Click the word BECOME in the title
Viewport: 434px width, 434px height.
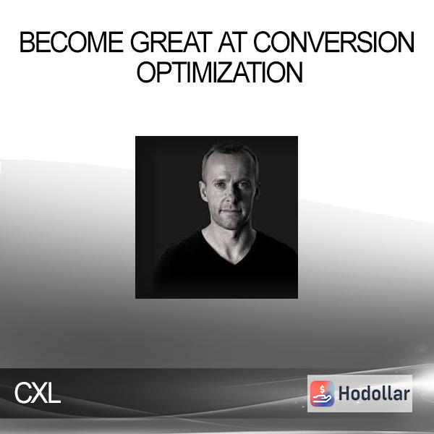71,42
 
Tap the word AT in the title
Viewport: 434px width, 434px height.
232,42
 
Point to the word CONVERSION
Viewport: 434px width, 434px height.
333,42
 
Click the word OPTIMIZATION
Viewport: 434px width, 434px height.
220,72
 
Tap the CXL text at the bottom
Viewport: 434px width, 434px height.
38,393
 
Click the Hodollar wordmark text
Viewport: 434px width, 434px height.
374,393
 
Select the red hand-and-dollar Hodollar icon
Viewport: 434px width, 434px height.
322,393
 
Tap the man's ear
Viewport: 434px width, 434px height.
203,191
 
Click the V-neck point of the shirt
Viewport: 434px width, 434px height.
234,264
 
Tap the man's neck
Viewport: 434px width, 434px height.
229,241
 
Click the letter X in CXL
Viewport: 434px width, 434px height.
38,393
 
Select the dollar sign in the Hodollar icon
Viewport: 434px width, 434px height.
322,389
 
